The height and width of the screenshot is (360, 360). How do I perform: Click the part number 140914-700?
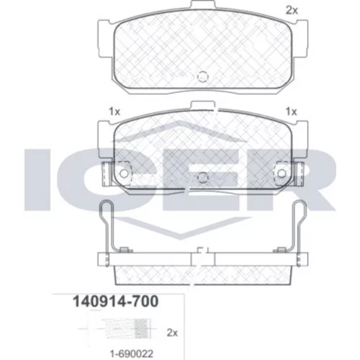click(x=115, y=301)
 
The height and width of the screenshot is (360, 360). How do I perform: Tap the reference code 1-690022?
click(x=131, y=354)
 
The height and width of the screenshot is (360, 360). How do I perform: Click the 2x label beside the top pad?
click(x=292, y=10)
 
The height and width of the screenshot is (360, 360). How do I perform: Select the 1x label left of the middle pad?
click(x=114, y=112)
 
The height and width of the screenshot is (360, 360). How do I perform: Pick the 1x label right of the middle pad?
click(x=291, y=112)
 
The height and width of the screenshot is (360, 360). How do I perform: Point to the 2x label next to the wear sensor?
click(x=172, y=333)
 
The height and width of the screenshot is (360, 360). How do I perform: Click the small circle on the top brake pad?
click(x=203, y=76)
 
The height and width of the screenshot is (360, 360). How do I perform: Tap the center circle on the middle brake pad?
click(x=203, y=178)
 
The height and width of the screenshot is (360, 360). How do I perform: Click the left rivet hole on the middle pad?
click(x=124, y=173)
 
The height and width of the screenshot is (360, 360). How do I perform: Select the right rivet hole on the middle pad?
click(x=282, y=173)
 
